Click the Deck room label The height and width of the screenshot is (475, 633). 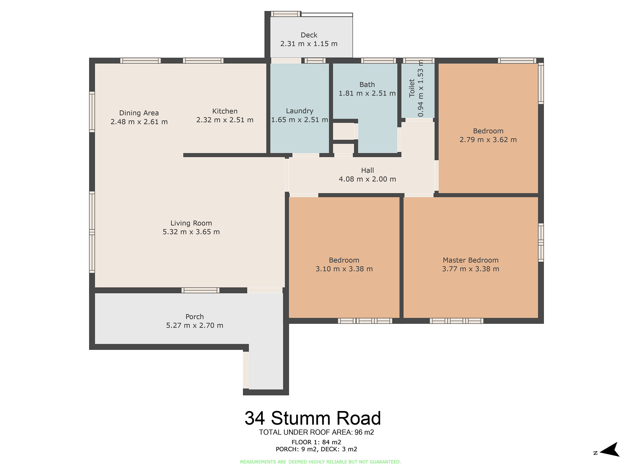[x=309, y=35]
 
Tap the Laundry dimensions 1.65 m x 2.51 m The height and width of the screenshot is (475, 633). [x=299, y=120]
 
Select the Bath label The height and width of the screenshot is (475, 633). [x=367, y=85]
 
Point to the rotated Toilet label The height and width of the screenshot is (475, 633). [x=412, y=88]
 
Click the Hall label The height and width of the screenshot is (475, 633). [x=367, y=170]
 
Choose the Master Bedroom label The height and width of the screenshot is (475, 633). [x=471, y=260]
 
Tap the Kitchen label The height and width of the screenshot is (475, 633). [x=225, y=111]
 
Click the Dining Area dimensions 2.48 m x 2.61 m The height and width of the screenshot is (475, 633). [x=139, y=122]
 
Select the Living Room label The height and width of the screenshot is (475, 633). [x=191, y=223]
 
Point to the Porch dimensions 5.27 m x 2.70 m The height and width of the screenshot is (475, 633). [x=195, y=326]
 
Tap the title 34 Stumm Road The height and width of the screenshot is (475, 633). [x=313, y=418]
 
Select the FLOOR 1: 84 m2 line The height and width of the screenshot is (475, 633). [x=316, y=442]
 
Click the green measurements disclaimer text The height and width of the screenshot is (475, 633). [x=320, y=462]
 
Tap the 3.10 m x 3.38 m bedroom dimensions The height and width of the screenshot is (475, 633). [x=344, y=269]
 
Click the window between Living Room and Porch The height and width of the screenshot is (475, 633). [x=200, y=290]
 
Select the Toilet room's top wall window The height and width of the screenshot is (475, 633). [x=418, y=60]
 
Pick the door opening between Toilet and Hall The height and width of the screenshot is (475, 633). [x=419, y=120]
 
